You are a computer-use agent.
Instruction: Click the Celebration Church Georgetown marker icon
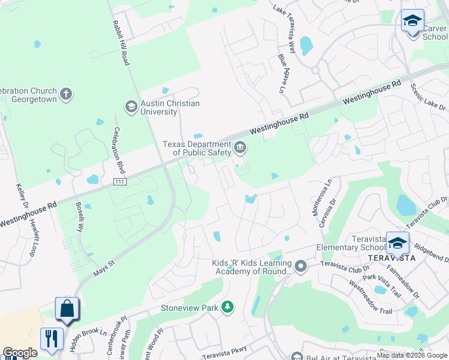coord(66,94)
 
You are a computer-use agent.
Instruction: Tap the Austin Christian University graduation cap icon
coord(131,107)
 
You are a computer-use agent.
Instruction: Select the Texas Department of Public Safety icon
coord(240,148)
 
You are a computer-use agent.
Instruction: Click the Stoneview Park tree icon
coord(227,308)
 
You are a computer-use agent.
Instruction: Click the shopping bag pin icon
coord(67,310)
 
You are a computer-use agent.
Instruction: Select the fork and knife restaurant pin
coord(52,338)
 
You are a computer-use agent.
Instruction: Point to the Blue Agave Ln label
coord(282,73)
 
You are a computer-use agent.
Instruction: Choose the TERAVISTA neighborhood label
coord(391,258)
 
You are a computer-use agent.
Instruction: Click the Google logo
coord(20,353)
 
